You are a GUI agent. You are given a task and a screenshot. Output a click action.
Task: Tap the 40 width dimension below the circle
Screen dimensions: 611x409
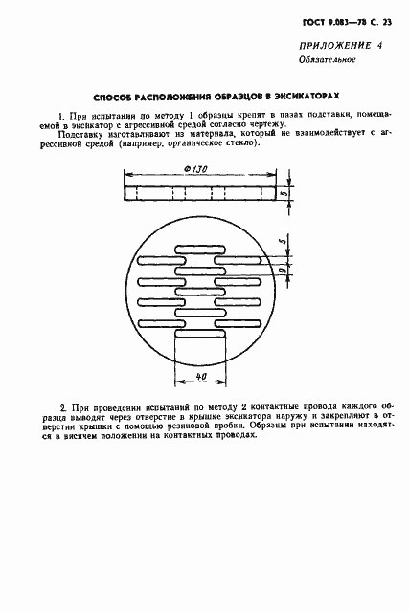tap(200, 376)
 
